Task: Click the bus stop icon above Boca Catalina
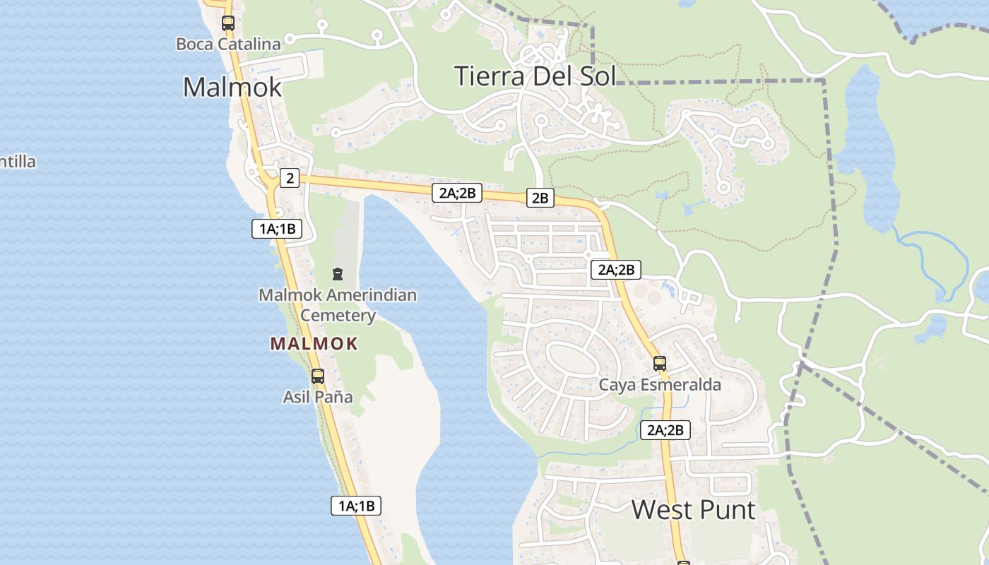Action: point(227,23)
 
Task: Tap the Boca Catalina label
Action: point(228,44)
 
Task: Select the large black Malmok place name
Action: point(232,87)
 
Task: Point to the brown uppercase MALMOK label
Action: point(314,344)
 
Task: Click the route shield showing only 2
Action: point(290,178)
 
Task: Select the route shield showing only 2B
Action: point(540,198)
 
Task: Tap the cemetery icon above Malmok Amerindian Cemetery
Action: point(337,274)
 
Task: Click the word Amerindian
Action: point(373,295)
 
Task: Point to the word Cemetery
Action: point(338,315)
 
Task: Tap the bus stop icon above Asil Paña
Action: point(318,376)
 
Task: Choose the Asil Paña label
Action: point(318,397)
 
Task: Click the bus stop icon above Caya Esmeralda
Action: point(659,364)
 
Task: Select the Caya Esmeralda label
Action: point(660,385)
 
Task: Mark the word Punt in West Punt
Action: point(728,509)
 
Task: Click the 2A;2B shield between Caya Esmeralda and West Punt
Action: point(665,429)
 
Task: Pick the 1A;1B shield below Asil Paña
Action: point(356,505)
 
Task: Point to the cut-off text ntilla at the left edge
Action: point(18,162)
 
